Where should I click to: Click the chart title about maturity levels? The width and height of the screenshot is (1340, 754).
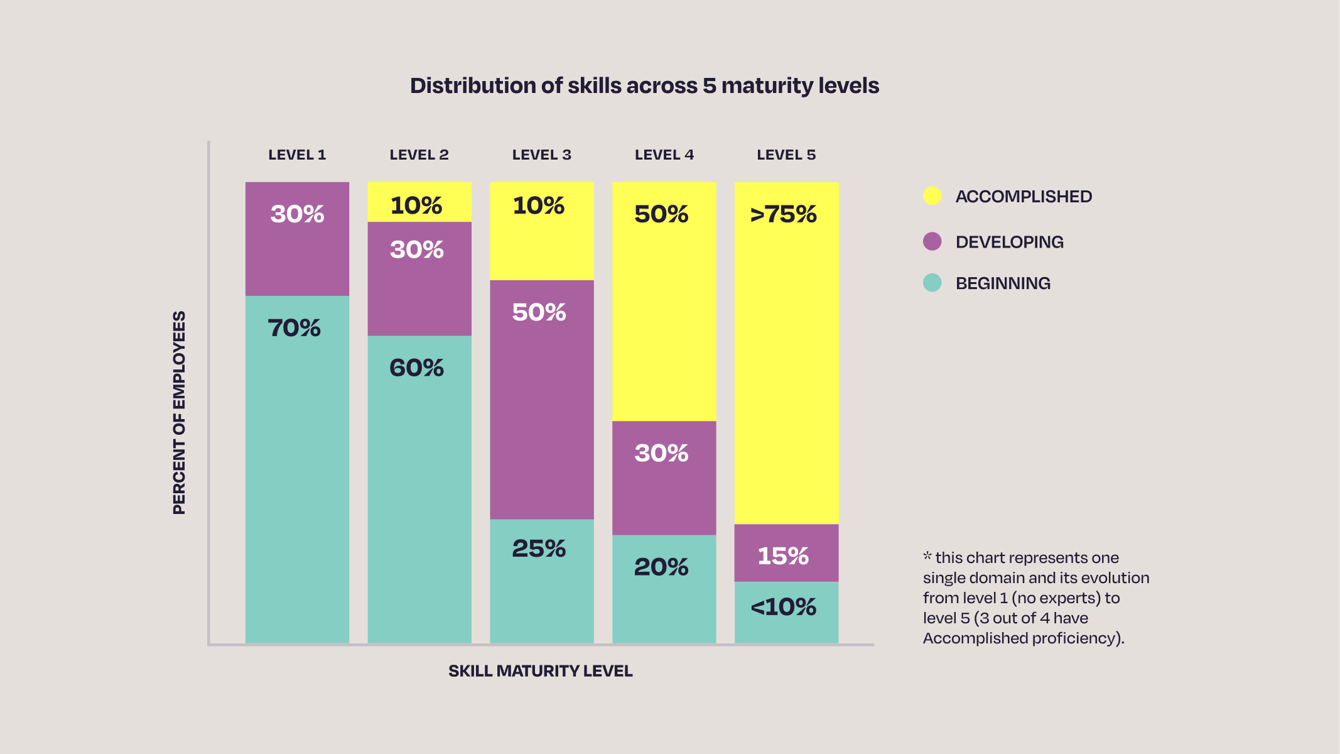[x=644, y=85]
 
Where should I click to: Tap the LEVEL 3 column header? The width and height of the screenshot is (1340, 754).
[x=541, y=155]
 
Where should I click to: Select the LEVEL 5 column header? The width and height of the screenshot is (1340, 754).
[x=786, y=155]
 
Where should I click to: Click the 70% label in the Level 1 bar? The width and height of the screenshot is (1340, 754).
[x=294, y=328]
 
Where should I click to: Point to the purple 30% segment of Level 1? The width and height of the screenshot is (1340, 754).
[x=297, y=239]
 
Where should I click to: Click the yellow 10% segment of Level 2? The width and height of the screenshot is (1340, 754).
[x=419, y=202]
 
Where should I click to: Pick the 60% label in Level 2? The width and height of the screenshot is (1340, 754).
[x=416, y=368]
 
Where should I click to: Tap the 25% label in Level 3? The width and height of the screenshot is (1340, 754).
[x=539, y=549]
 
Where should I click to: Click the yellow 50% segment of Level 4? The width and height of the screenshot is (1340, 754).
[x=664, y=302]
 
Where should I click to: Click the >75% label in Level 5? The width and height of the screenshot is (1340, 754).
[x=783, y=214]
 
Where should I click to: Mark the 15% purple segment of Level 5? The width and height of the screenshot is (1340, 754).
[x=786, y=553]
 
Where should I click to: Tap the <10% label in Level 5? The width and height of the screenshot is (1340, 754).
[x=783, y=607]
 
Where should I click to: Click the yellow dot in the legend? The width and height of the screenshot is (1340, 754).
[x=932, y=196]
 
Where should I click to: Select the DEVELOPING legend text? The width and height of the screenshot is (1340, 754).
[x=1009, y=242]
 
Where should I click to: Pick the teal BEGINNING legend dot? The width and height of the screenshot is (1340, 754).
[x=932, y=283]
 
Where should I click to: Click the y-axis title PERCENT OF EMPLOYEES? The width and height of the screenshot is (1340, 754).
[x=180, y=412]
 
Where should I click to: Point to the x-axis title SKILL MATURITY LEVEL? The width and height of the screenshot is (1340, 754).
[x=540, y=671]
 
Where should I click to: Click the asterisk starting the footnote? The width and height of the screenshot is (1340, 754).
[x=927, y=555]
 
